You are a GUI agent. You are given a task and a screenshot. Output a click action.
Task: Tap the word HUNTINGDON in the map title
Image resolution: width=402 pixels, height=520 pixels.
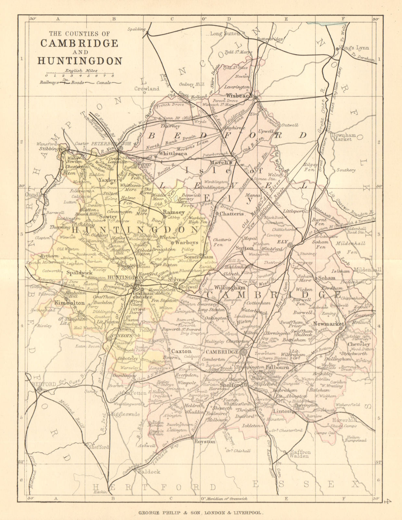(x=80, y=61)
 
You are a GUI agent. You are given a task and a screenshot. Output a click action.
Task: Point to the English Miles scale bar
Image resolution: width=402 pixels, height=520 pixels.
(x=80, y=74)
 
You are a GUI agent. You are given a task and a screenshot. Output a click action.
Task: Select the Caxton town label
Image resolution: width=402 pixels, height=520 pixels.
(x=181, y=351)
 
